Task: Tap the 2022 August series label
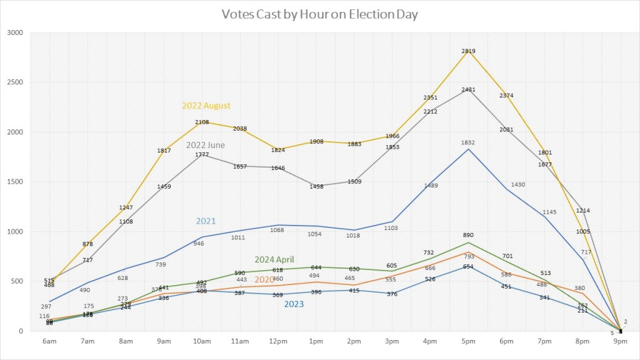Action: click(x=206, y=106)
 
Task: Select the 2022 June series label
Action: click(x=206, y=145)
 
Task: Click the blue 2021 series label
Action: click(x=206, y=221)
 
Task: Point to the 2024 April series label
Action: click(x=274, y=259)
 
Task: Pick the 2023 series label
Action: click(x=294, y=304)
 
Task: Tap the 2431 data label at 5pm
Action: click(x=468, y=89)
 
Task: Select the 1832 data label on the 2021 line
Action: click(x=468, y=142)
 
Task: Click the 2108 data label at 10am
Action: click(x=202, y=122)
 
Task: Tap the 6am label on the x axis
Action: click(x=50, y=341)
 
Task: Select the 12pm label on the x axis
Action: click(x=278, y=341)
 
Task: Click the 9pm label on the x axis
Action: click(x=621, y=341)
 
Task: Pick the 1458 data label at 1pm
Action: click(x=316, y=186)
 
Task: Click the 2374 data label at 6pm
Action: click(x=507, y=95)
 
